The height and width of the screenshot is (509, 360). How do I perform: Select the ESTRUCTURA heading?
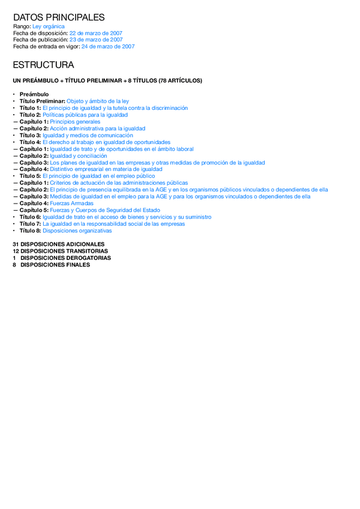pos(43,65)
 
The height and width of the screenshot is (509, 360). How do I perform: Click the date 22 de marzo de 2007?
pos(96,34)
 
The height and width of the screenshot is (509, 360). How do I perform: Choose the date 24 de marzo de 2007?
pos(108,46)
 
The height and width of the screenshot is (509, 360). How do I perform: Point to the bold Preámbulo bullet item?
pos(34,95)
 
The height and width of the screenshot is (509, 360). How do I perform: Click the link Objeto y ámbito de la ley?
pos(98,101)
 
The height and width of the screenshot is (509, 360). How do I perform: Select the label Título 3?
pos(30,136)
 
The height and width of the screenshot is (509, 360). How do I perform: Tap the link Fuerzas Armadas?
pos(71,203)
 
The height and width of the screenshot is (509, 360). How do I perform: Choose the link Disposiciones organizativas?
pos(77,230)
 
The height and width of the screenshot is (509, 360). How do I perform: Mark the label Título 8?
pos(30,230)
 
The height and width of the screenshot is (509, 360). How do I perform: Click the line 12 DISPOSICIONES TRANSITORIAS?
pos(60,251)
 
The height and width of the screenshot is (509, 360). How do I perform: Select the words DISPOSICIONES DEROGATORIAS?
pos(65,258)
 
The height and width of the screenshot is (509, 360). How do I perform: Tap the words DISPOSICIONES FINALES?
pos(55,264)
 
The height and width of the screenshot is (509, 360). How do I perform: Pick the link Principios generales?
pos(75,122)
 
